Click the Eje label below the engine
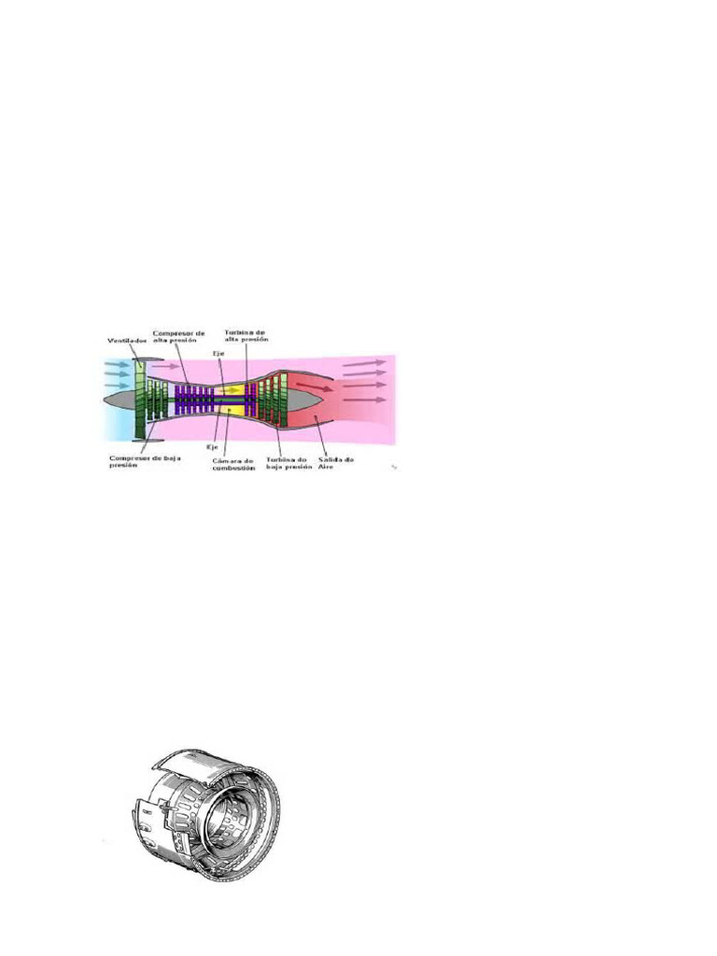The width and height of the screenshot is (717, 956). (211, 448)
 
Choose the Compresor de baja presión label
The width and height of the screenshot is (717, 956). (142, 461)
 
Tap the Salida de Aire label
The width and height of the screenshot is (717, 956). (334, 462)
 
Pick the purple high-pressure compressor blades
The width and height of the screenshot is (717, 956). (191, 400)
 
